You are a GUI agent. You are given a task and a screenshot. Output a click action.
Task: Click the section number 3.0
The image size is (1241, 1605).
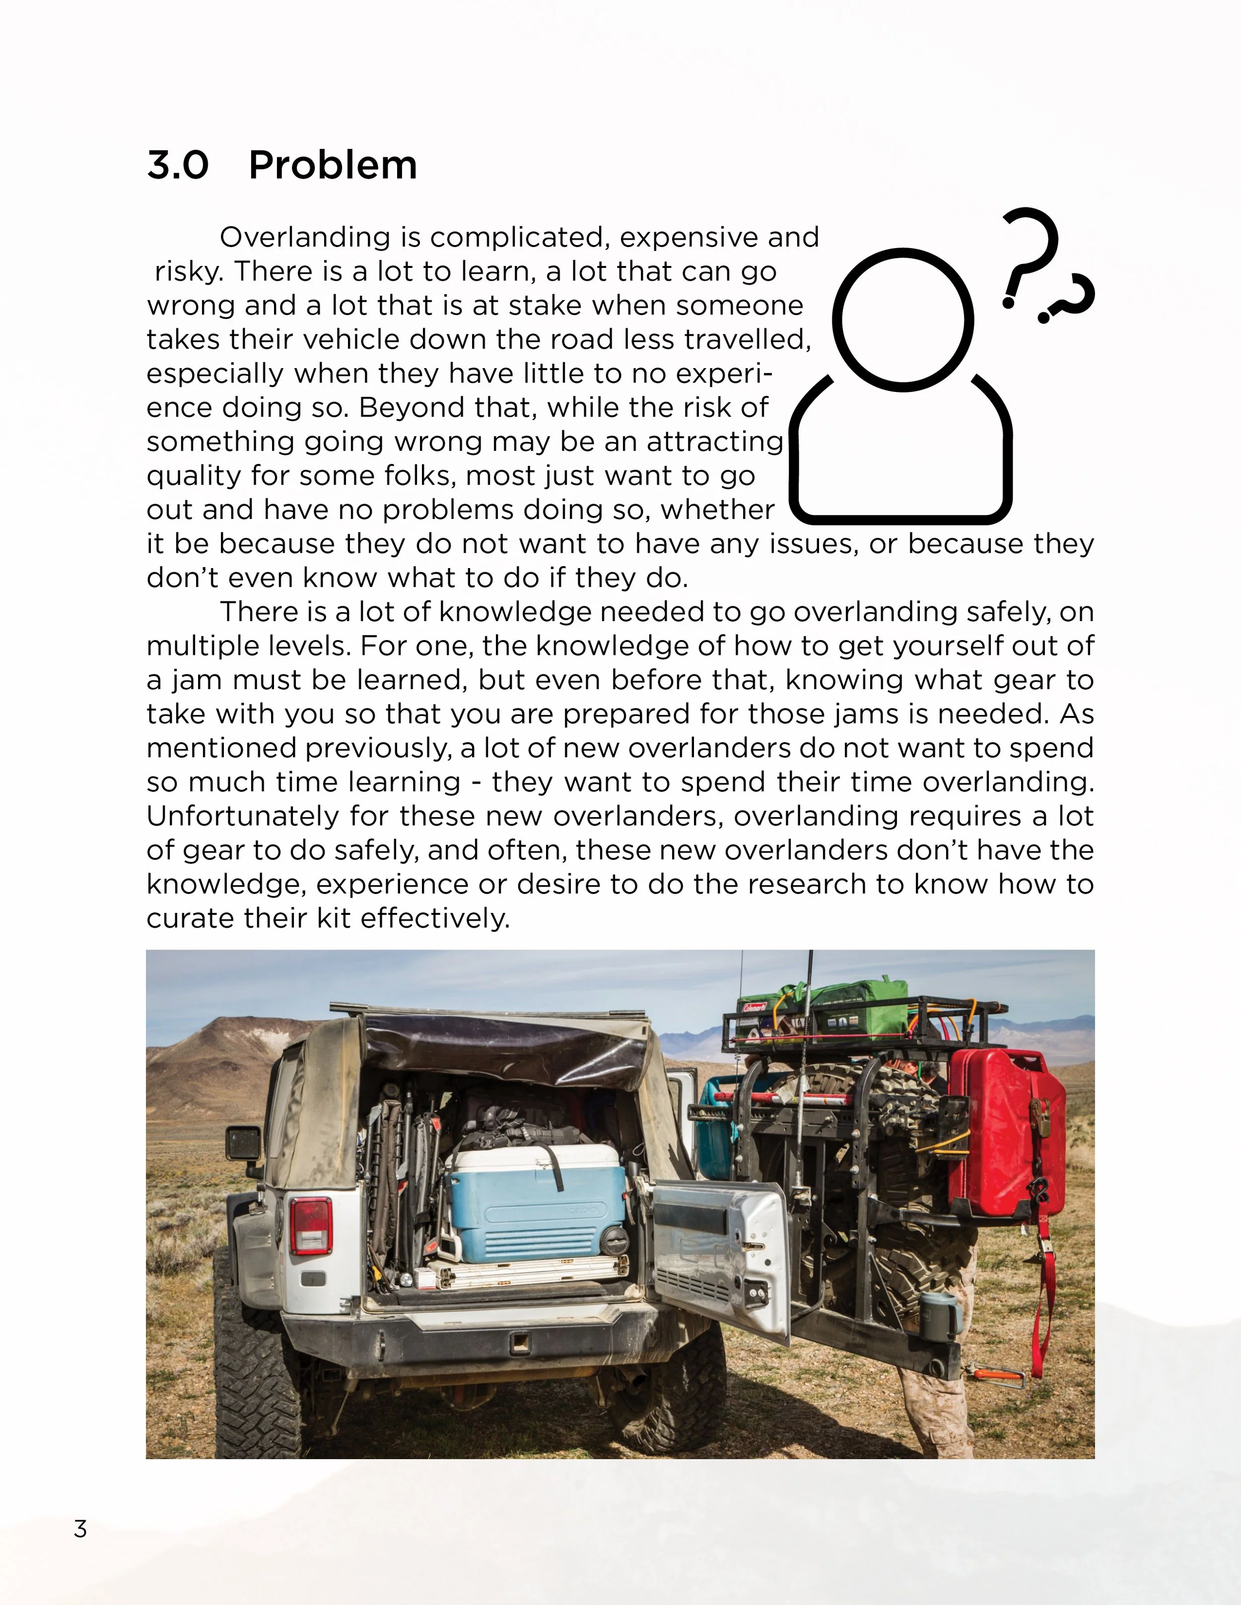coord(178,165)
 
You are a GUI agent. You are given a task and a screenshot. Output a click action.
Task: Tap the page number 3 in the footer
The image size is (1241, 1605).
coord(80,1529)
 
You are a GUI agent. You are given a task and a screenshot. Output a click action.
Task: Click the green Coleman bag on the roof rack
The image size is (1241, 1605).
coord(845,1011)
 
